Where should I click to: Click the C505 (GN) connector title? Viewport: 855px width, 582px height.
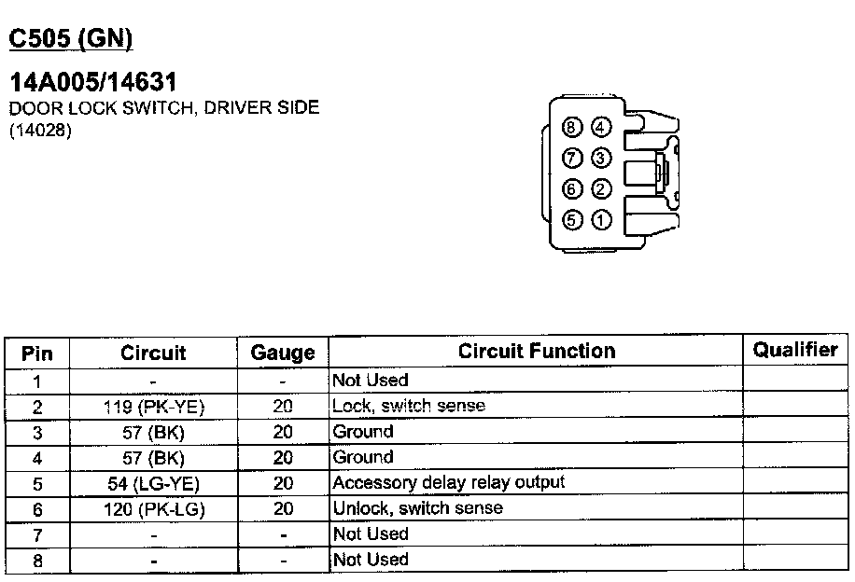(x=71, y=38)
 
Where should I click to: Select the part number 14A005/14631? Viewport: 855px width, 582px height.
(x=93, y=83)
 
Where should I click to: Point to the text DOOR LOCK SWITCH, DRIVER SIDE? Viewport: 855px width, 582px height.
(x=164, y=107)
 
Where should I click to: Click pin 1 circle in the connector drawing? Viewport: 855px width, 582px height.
(x=602, y=221)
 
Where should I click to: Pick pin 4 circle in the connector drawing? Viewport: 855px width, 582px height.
(x=602, y=128)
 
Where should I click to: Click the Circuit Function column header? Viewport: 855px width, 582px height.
(x=537, y=352)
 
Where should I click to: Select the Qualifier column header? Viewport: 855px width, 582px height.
(x=795, y=350)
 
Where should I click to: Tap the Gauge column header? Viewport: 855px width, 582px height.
(x=283, y=353)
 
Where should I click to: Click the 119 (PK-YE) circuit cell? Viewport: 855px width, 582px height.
(x=153, y=407)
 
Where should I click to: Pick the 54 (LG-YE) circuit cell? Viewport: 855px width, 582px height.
(x=153, y=483)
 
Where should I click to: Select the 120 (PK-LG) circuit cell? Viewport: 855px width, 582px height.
(x=153, y=509)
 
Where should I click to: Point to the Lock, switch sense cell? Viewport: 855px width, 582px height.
(x=409, y=406)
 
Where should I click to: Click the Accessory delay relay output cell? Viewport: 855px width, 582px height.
(x=448, y=482)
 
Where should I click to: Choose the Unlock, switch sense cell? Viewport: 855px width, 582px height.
(x=417, y=508)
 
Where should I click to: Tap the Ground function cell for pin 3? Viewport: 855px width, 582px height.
(x=363, y=432)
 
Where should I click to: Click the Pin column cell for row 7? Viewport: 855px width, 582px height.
(x=36, y=535)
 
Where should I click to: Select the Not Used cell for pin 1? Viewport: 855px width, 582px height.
(x=371, y=381)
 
